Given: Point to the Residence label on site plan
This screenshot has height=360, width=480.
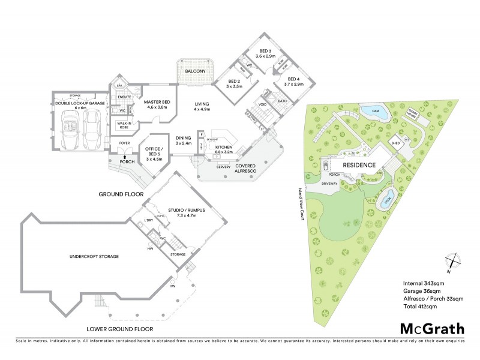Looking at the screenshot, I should click(x=359, y=165).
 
